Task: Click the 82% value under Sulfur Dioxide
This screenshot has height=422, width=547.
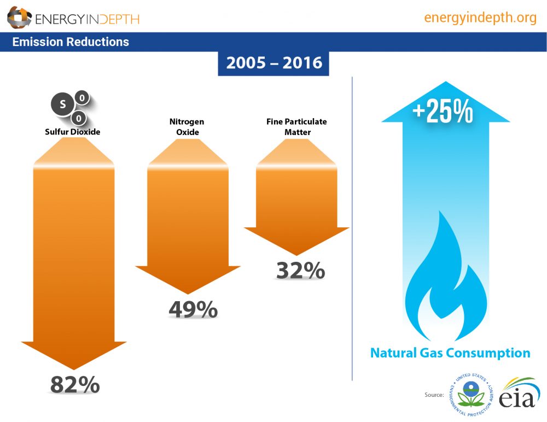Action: point(75,385)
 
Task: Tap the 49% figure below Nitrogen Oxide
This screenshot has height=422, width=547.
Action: point(193,310)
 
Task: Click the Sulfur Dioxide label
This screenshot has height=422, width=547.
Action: point(73,132)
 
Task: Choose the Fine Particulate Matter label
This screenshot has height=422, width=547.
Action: point(295,127)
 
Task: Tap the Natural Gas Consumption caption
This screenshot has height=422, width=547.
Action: point(450,353)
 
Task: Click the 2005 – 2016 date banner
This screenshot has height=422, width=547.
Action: point(273,63)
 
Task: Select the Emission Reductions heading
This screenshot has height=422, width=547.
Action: point(71,42)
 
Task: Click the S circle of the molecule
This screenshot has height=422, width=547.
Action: point(62,104)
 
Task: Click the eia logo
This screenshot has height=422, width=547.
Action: point(517,393)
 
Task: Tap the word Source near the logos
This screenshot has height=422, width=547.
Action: point(433,395)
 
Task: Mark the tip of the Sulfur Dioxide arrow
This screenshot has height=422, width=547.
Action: point(74,368)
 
